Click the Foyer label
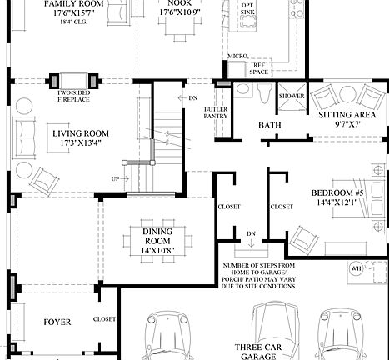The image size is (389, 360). tap(57, 321)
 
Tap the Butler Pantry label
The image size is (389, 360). tap(215, 113)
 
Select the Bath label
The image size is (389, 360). tap(269, 125)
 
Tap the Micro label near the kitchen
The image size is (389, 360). tap(237, 57)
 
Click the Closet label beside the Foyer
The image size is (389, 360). tap(104, 318)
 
